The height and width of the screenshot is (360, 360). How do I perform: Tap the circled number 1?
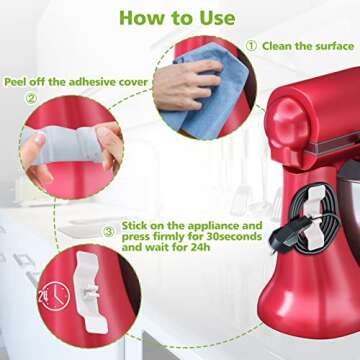[251, 45]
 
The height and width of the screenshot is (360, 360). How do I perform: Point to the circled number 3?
[107, 233]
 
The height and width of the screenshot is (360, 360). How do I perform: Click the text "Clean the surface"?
[308, 45]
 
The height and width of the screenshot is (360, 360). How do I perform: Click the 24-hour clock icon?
[52, 292]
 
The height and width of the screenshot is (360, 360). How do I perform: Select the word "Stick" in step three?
[136, 226]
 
